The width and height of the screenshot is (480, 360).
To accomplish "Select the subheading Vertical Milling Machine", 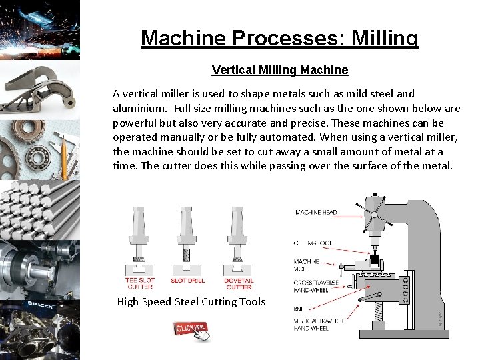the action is (279, 70).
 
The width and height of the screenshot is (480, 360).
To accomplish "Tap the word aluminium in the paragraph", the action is (142, 108).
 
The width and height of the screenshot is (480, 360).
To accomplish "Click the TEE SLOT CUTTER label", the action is (139, 283).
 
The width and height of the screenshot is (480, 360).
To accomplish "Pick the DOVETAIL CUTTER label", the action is (239, 283).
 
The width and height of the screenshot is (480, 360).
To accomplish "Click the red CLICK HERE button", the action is (191, 327).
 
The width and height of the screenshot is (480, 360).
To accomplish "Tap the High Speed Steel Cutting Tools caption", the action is (191, 302).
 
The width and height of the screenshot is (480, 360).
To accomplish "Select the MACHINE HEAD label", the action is (316, 213).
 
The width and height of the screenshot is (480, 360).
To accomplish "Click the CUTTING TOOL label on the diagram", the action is (313, 243).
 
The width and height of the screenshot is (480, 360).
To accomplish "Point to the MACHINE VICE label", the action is (306, 265).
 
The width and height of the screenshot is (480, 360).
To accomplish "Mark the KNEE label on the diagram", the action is (300, 309).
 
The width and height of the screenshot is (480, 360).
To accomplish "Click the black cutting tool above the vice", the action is (375, 259).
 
